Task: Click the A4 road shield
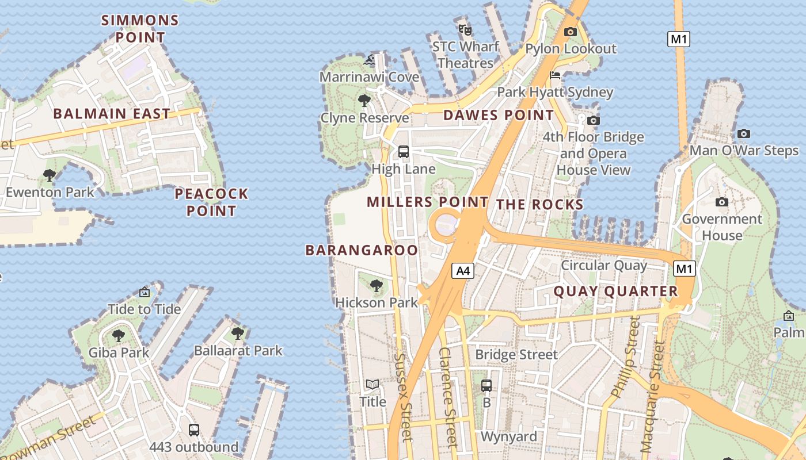click(x=463, y=271)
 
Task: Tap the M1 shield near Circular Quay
click(x=684, y=269)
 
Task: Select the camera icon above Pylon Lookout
click(x=571, y=32)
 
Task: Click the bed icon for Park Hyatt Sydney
click(x=555, y=75)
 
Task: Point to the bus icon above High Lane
click(x=404, y=152)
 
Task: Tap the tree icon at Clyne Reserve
click(x=364, y=101)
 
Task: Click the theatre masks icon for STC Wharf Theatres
click(x=465, y=29)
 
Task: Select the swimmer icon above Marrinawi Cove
click(x=370, y=59)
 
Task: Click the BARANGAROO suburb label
click(x=362, y=250)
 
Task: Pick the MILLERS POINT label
click(x=427, y=202)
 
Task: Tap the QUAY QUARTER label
click(x=616, y=292)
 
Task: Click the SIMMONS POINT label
click(x=140, y=29)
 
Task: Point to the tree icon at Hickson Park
click(x=377, y=285)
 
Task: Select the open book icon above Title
click(x=372, y=384)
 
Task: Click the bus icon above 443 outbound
click(x=194, y=430)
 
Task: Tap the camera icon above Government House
click(x=721, y=202)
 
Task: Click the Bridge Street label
click(x=516, y=355)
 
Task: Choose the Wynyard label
click(x=509, y=436)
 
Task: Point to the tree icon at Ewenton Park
click(x=50, y=175)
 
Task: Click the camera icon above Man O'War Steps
click(x=744, y=133)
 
